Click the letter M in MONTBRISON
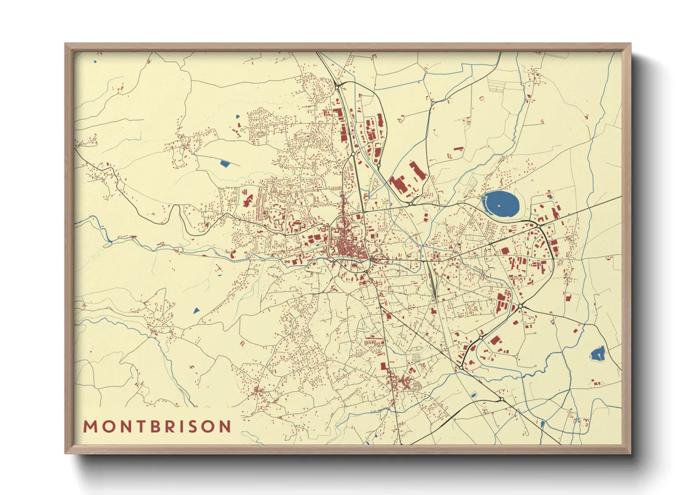click(x=90, y=427)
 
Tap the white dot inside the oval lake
click(x=499, y=205)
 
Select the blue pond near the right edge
click(x=597, y=353)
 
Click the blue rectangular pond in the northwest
click(x=225, y=164)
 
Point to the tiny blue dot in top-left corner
click(x=95, y=62)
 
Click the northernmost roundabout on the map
click(x=337, y=87)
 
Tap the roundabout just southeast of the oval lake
click(x=539, y=226)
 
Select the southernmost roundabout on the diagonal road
click(x=501, y=400)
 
